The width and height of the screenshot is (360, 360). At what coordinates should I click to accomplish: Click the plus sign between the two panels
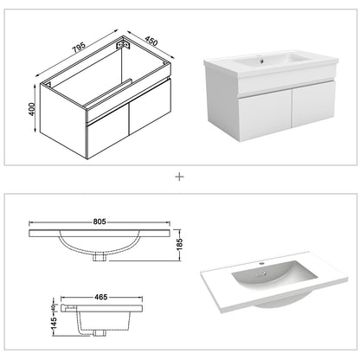point(180,177)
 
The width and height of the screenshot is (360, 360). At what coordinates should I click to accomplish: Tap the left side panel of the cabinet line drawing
point(46,111)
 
